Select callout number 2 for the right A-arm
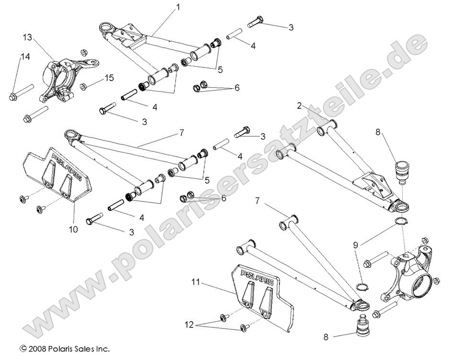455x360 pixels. tap(299, 105)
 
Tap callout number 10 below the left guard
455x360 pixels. tap(73, 230)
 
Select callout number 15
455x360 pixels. tap(110, 78)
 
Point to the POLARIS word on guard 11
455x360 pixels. tap(257, 277)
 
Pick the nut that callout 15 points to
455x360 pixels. tap(83, 87)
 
